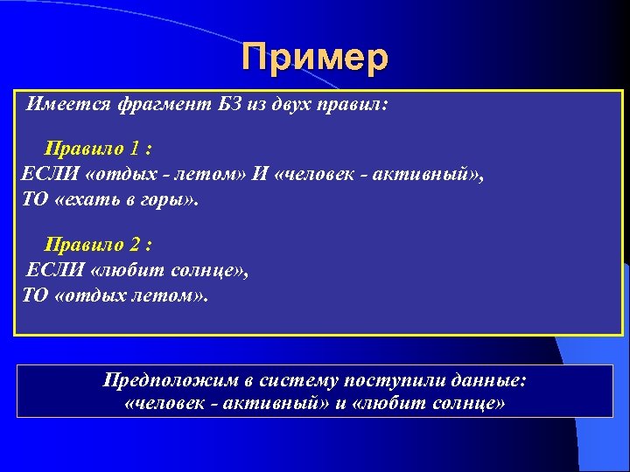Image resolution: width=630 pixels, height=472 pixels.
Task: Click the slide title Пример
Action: click(315, 59)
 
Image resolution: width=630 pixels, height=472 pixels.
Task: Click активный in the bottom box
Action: click(272, 404)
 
